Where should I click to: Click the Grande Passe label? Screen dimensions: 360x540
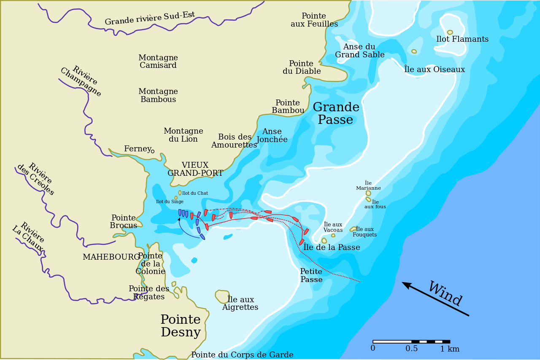(x=336, y=113)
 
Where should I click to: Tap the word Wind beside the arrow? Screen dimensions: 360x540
(x=445, y=293)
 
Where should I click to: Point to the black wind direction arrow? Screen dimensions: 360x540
(x=435, y=299)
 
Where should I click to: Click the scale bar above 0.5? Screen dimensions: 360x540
(x=411, y=341)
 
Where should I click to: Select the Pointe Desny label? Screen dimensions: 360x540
(x=181, y=326)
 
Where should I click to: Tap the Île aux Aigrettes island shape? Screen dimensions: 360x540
(x=222, y=296)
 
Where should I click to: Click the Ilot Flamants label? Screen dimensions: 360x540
(x=462, y=39)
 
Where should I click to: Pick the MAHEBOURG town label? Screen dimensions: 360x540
(x=111, y=257)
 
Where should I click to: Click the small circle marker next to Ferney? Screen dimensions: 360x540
(x=153, y=151)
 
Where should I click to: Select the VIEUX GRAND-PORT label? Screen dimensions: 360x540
(x=195, y=169)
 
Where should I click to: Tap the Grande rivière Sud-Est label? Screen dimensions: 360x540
(x=150, y=18)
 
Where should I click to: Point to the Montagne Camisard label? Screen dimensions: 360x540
(x=158, y=62)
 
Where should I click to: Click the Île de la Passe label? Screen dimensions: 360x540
(x=332, y=247)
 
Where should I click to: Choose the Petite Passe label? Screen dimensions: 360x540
(x=311, y=275)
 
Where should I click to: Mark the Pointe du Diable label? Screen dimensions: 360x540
(x=302, y=67)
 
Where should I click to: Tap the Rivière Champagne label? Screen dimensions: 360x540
(x=81, y=81)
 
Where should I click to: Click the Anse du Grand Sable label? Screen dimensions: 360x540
(x=359, y=51)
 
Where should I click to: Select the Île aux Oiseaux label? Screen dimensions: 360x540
(x=435, y=70)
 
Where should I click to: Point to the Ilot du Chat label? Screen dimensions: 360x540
(x=195, y=193)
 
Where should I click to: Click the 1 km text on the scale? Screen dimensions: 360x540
(x=449, y=349)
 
